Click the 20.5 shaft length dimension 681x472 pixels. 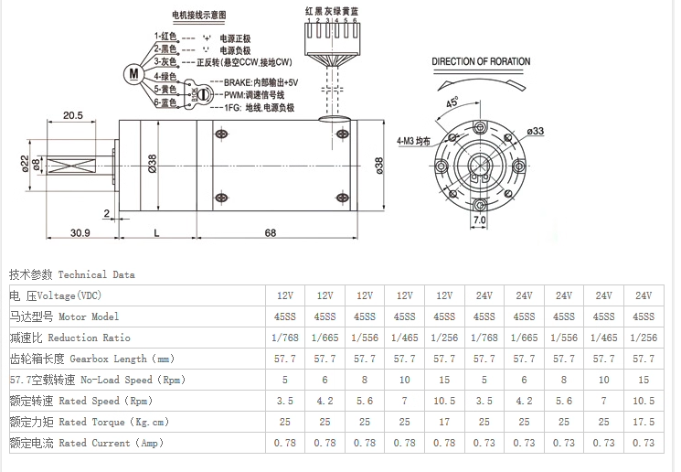point(74,115)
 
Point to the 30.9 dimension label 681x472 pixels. point(80,233)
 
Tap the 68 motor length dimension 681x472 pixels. point(271,233)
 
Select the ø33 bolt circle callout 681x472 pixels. point(535,132)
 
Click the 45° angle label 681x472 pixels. point(452,103)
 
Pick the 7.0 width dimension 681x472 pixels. point(479,220)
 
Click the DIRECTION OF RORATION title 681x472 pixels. point(480,62)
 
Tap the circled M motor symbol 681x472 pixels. point(133,72)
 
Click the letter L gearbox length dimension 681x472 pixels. point(156,233)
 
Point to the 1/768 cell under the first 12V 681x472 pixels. point(285,337)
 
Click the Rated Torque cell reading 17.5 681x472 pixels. point(644,422)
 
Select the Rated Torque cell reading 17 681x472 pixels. point(444,422)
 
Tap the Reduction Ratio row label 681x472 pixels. point(64,337)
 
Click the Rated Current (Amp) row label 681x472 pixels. point(86,443)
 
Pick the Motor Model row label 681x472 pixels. point(64,316)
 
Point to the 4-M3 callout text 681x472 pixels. point(413,142)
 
